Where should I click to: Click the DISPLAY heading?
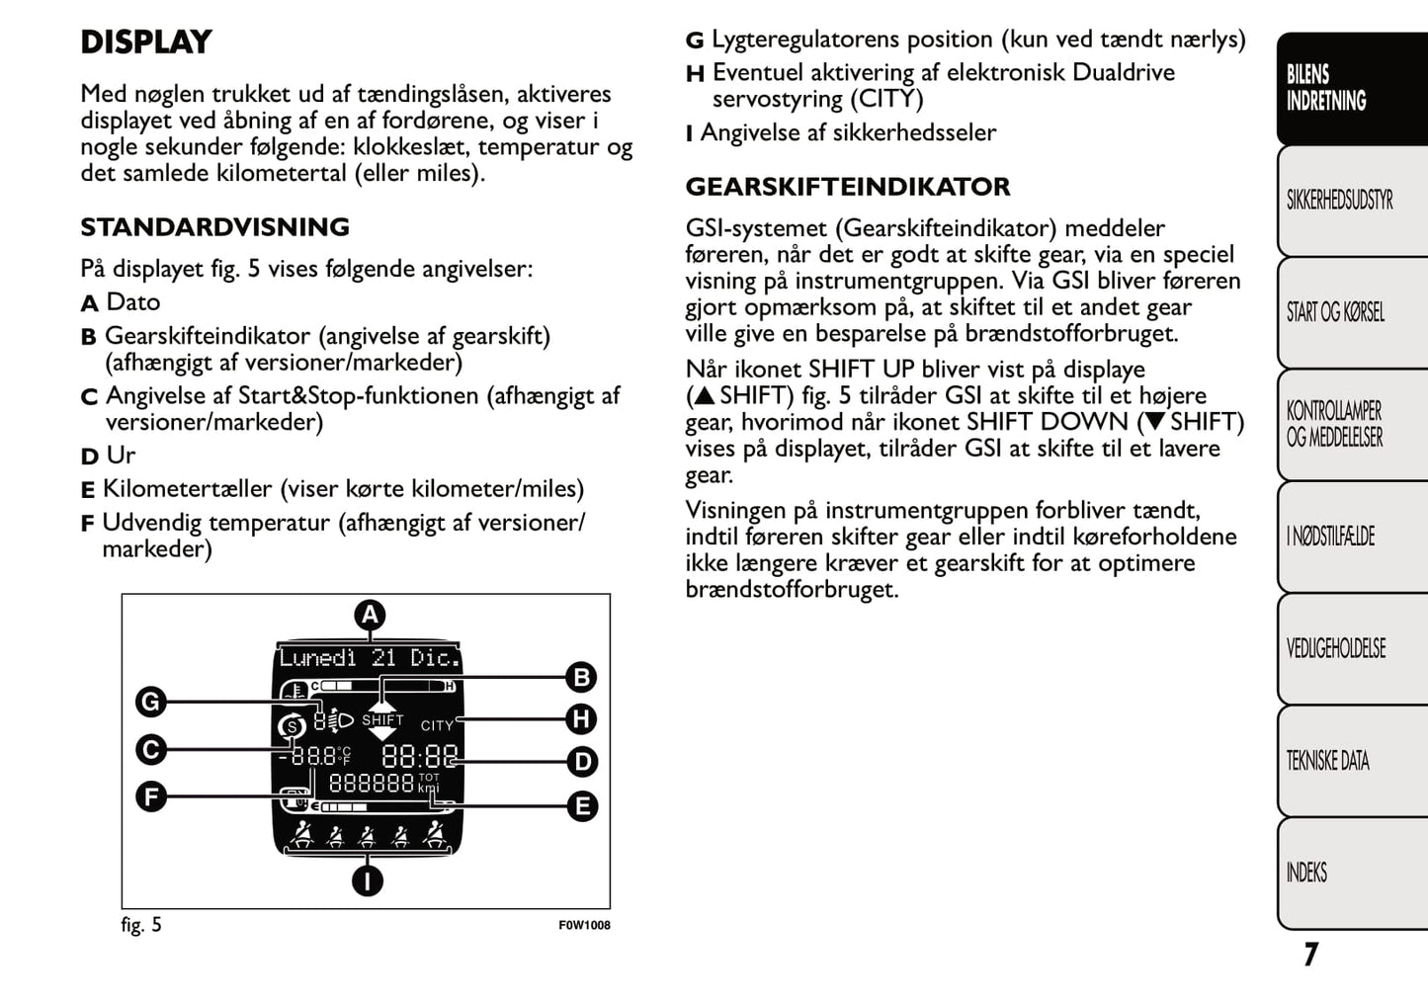[146, 42]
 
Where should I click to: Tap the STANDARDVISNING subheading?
[214, 227]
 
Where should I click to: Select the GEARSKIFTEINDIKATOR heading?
[847, 187]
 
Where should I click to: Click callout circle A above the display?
[370, 615]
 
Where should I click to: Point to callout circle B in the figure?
[582, 677]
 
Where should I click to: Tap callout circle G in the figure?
[150, 702]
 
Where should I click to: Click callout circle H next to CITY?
[582, 718]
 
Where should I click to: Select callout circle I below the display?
[368, 879]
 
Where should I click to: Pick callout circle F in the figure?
[150, 796]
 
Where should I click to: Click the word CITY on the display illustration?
[437, 725]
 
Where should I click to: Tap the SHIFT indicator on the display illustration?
[382, 720]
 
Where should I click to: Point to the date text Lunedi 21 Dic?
[369, 658]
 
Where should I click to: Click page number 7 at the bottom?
[1310, 954]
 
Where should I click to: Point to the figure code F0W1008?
[584, 926]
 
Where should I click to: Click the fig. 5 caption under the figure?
[141, 925]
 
